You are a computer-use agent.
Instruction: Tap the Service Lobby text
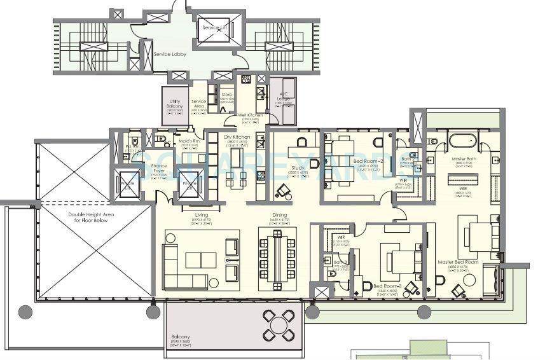170,55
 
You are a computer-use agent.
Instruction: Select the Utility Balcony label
175,104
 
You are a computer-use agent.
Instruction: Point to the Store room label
226,94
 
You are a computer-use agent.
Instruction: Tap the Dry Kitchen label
237,137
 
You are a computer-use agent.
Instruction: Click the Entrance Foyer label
159,168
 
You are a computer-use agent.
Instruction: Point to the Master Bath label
462,159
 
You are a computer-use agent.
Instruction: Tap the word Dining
279,215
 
